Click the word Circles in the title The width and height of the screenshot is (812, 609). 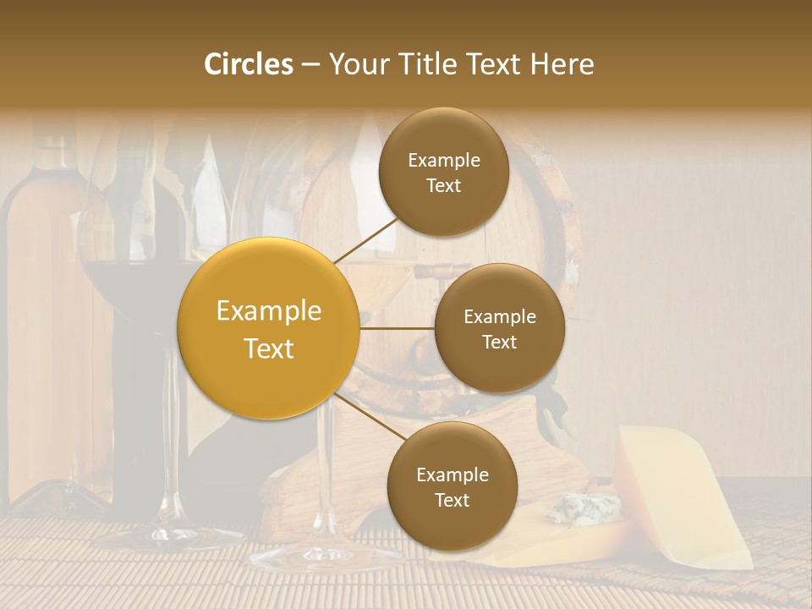(249, 64)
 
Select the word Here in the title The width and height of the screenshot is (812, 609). (562, 64)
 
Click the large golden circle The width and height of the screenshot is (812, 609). (268, 328)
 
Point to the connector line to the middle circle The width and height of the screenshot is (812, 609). (398, 328)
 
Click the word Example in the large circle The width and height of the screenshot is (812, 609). (268, 311)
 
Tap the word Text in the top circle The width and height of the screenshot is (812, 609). (443, 185)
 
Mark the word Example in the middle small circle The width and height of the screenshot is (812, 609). (499, 317)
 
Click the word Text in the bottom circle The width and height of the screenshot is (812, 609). (452, 500)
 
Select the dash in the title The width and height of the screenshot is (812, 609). (310, 65)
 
